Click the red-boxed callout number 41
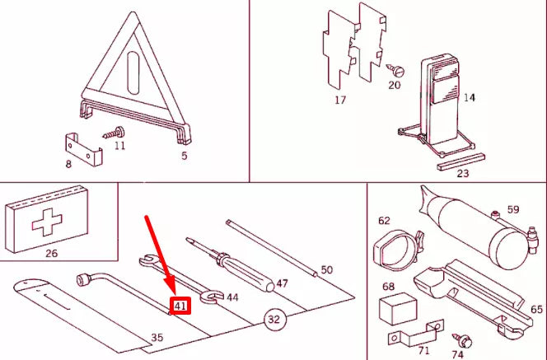[x=180, y=306]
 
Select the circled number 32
[x=275, y=319]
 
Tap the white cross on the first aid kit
[x=47, y=222]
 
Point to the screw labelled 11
[x=114, y=133]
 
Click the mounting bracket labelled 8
[x=84, y=149]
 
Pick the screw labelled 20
[x=395, y=70]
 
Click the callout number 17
[x=340, y=101]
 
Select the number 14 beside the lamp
[x=470, y=98]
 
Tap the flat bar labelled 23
[x=461, y=161]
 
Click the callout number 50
[x=327, y=269]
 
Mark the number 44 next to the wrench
[x=232, y=297]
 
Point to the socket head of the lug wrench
[x=83, y=280]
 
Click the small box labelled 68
[x=398, y=308]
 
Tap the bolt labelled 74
[x=462, y=340]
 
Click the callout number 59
[x=513, y=209]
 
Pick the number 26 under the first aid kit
[x=52, y=253]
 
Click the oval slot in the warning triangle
[x=133, y=73]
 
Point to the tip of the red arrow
[x=175, y=294]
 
